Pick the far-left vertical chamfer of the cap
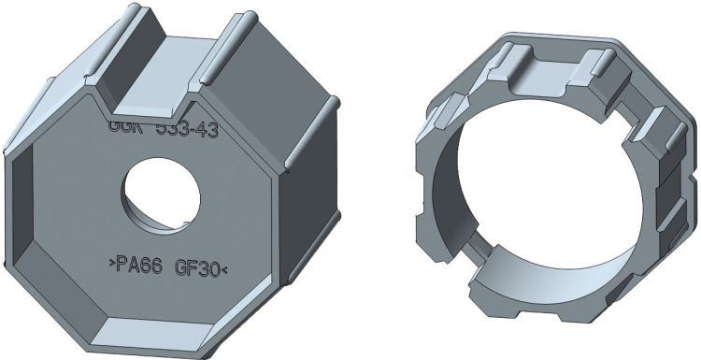point(19,215)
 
